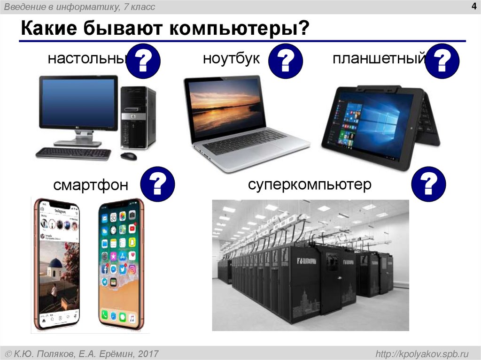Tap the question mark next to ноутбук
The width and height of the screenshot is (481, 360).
point(286,61)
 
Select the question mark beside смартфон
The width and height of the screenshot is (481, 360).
point(158,184)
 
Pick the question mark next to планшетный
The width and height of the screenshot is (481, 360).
point(442,61)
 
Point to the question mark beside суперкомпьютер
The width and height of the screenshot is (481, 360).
point(427,184)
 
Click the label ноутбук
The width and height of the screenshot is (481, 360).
point(231,59)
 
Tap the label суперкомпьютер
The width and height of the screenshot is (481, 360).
point(310,184)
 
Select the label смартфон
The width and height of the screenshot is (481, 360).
point(91,185)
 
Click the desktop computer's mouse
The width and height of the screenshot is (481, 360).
point(128,155)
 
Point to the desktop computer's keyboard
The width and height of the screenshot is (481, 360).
point(73,153)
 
